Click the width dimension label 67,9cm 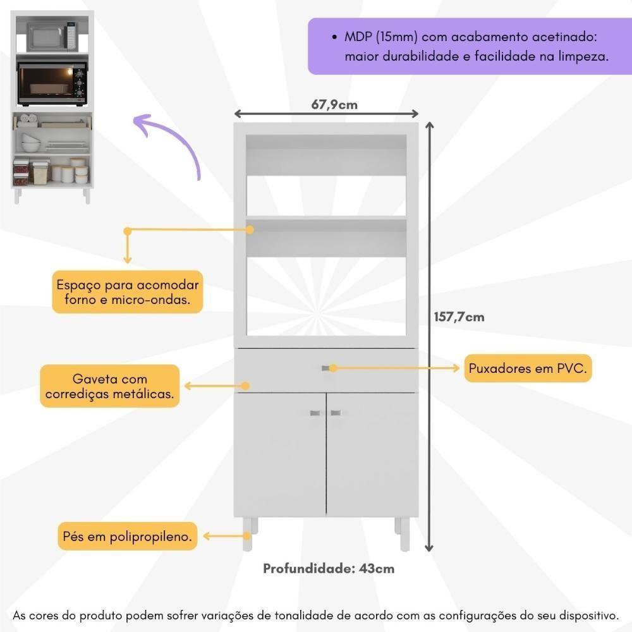tap(334, 104)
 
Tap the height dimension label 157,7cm tap(459, 317)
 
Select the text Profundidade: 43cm tap(329, 568)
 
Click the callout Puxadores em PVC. tap(528, 368)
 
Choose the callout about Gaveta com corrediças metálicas tap(109, 386)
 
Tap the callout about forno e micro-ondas tap(128, 291)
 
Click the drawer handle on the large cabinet tap(329, 368)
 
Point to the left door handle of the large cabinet tap(315, 413)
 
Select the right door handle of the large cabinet tap(336, 413)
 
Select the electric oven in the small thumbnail tap(52, 83)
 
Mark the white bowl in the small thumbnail tap(30, 138)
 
